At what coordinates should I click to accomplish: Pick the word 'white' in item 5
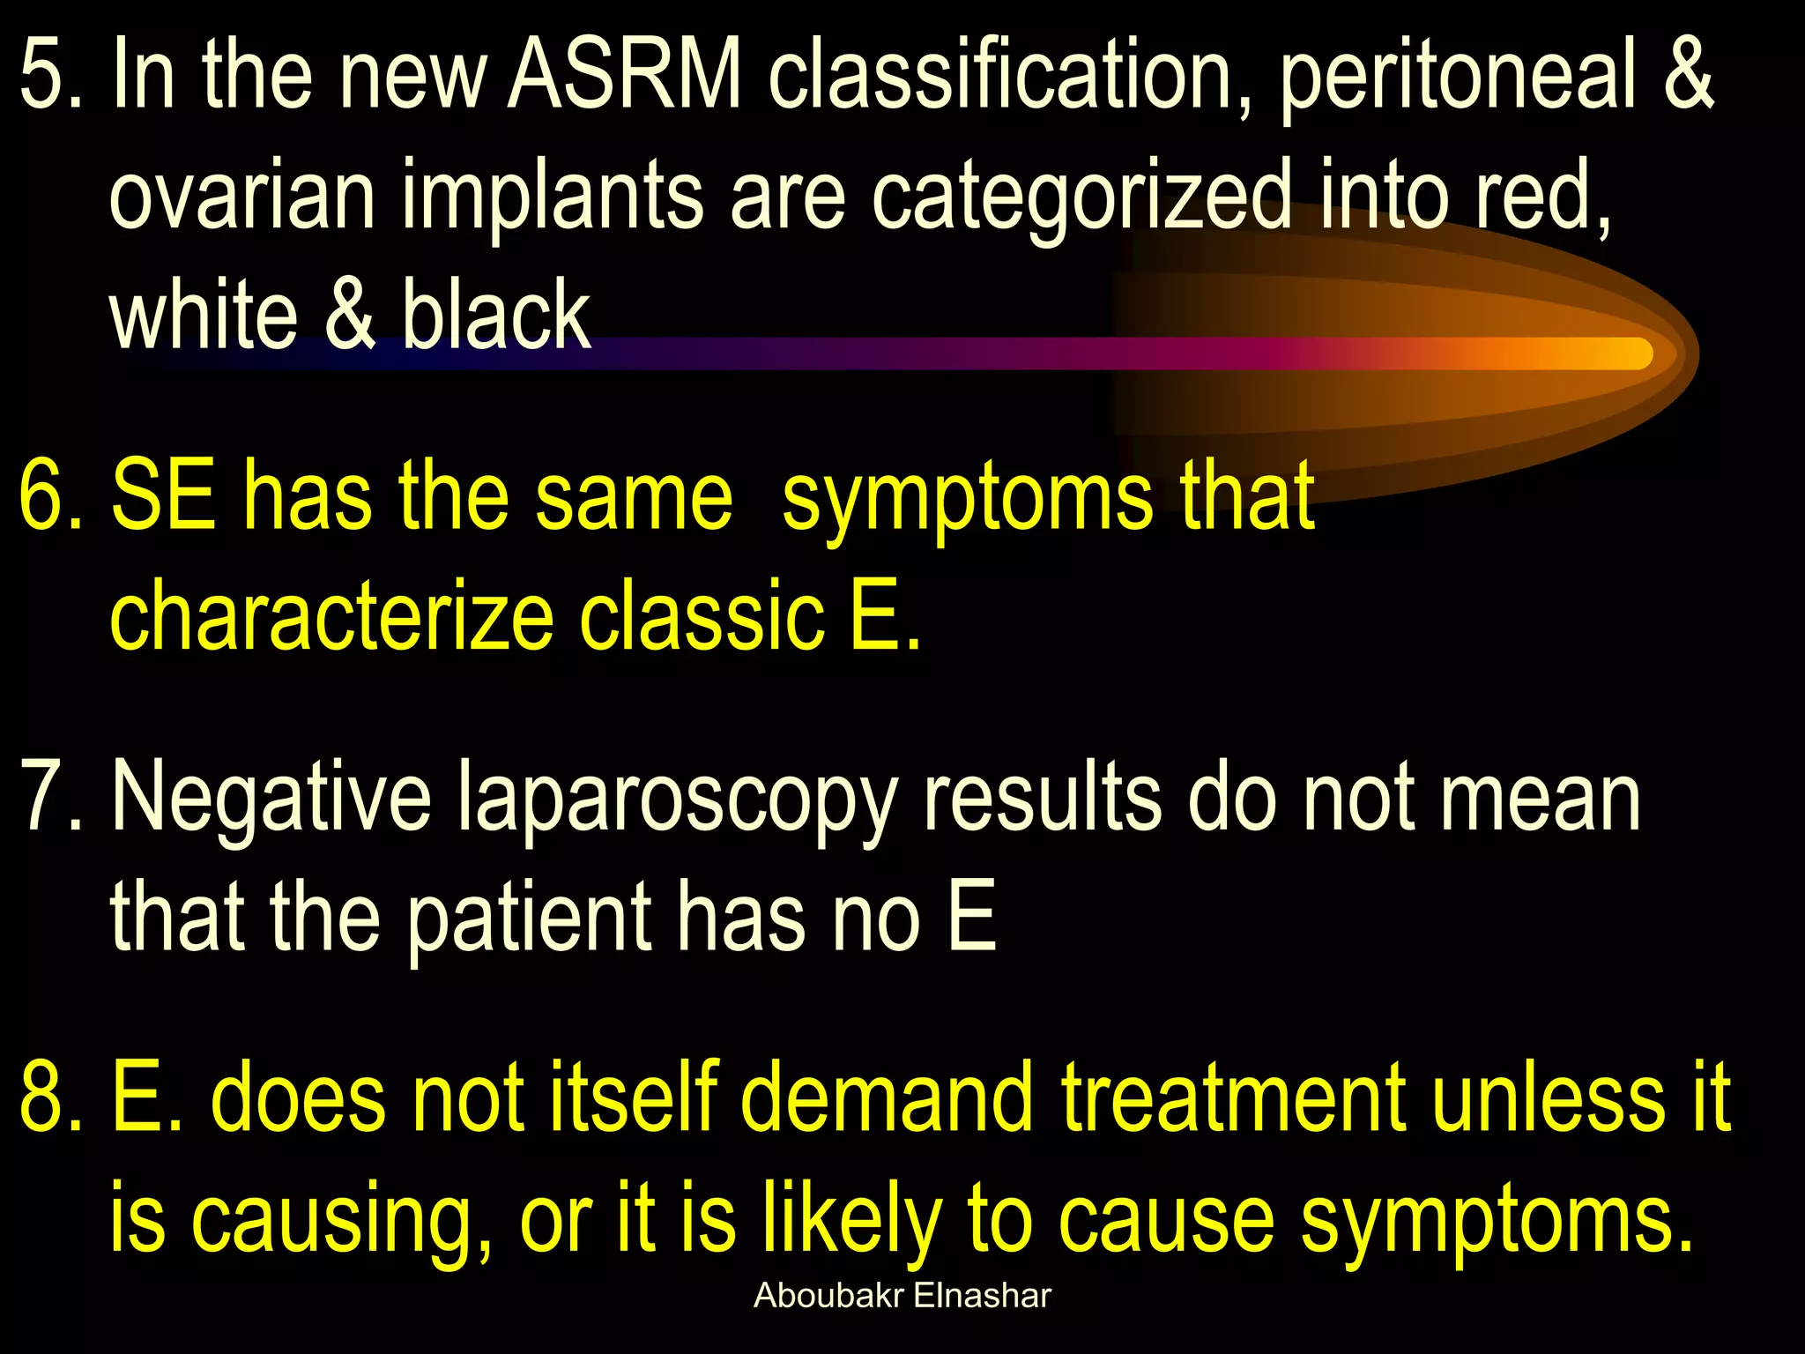[x=204, y=315]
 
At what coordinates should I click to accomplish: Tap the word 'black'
[x=496, y=315]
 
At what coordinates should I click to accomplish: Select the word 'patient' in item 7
[x=528, y=919]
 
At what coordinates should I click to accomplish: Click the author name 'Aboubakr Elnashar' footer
[x=902, y=1296]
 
